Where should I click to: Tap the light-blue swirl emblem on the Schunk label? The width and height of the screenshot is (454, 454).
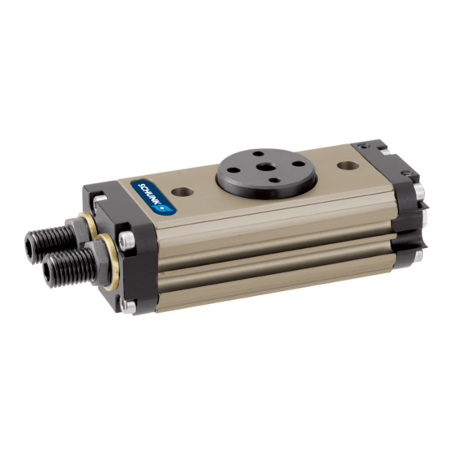tap(165, 207)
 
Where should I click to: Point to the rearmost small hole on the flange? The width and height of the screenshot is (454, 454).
tap(257, 153)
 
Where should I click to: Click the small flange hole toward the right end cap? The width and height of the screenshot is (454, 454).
tap(297, 163)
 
